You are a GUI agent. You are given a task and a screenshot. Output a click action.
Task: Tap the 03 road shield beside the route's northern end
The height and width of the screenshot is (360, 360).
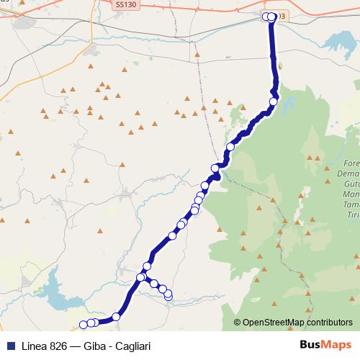281,16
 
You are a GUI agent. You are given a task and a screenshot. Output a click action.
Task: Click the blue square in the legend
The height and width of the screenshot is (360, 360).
10,346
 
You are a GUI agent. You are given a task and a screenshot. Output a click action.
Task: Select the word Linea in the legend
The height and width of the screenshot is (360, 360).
35,346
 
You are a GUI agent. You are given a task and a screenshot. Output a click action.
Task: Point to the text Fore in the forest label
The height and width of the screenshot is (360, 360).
351,163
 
